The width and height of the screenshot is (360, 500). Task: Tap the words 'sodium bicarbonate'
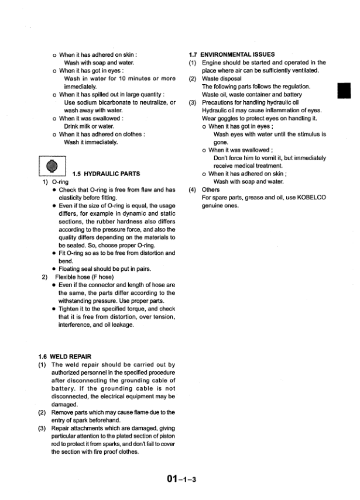[112, 102]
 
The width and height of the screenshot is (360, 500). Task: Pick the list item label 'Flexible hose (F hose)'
[84, 277]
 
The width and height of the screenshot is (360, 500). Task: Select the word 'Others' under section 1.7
[211, 189]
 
